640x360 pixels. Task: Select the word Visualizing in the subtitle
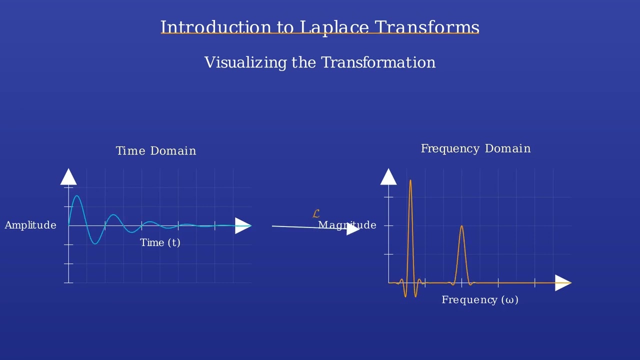pyautogui.click(x=245, y=62)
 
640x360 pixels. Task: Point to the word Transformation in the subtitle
pyautogui.click(x=378, y=62)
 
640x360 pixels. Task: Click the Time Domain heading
pyautogui.click(x=156, y=151)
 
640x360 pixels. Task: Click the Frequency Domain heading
pyautogui.click(x=475, y=148)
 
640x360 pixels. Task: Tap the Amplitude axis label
pyautogui.click(x=30, y=225)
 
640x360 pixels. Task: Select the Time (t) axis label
pyautogui.click(x=160, y=242)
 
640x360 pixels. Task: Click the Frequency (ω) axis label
pyautogui.click(x=480, y=300)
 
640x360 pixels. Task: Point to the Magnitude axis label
pyautogui.click(x=347, y=225)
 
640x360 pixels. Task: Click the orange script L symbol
pyautogui.click(x=315, y=214)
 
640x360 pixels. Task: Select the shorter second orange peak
pyautogui.click(x=461, y=227)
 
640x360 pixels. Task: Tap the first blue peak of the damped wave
pyautogui.click(x=77, y=196)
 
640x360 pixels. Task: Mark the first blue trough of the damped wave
pyautogui.click(x=95, y=243)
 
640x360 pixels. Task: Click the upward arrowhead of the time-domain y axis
pyautogui.click(x=68, y=177)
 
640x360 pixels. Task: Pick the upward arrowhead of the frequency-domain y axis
pyautogui.click(x=388, y=177)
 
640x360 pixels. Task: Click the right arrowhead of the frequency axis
pyautogui.click(x=562, y=283)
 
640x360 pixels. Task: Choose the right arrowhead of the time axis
pyautogui.click(x=243, y=226)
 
